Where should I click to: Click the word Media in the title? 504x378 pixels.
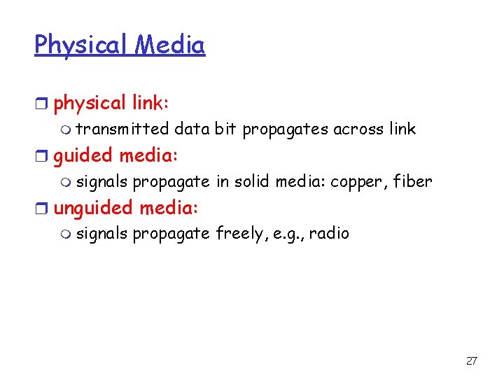coord(170,45)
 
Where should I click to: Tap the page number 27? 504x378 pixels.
coord(471,361)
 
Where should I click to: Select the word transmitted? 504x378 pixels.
coord(122,129)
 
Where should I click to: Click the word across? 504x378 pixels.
coord(362,129)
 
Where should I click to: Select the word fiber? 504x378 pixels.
coord(414,181)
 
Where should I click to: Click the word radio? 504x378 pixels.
coord(329,233)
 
